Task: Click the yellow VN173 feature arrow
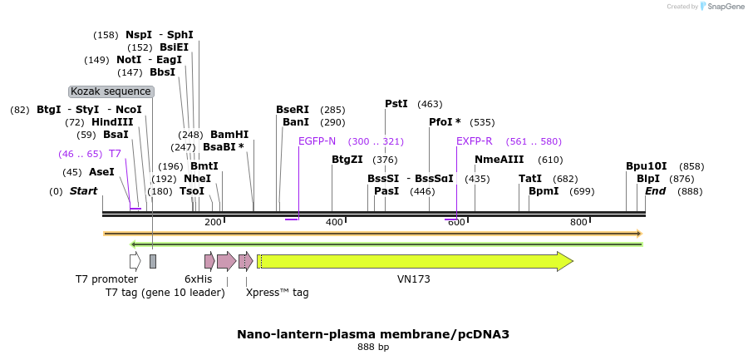click(416, 261)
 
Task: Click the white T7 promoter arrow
click(135, 261)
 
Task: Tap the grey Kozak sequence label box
click(111, 91)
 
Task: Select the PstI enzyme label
click(396, 104)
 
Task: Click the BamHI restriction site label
click(229, 134)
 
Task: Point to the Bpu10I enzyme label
click(647, 166)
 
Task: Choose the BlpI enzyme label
click(648, 179)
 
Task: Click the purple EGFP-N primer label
click(317, 141)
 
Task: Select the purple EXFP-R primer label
click(474, 141)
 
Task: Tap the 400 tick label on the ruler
click(334, 222)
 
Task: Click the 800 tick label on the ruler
click(579, 222)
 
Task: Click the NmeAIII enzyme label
click(499, 160)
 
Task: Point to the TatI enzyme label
click(530, 179)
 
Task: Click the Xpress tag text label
click(278, 293)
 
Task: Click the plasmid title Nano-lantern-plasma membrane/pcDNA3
click(373, 334)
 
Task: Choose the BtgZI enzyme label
click(347, 160)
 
